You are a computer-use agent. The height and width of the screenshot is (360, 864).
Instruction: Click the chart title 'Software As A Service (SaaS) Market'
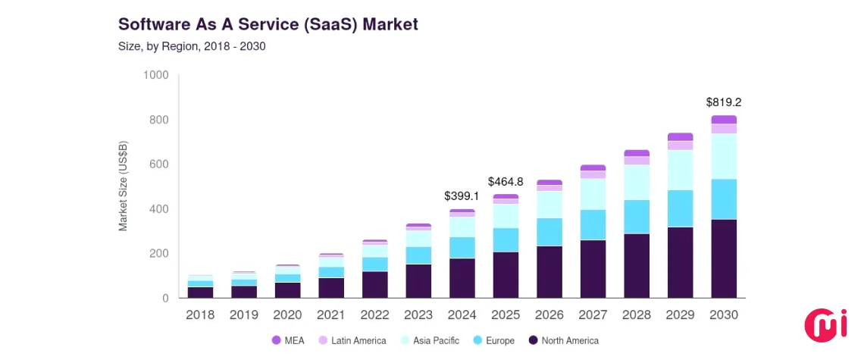pos(268,23)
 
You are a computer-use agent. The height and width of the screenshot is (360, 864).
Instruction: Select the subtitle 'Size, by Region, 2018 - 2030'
pos(191,47)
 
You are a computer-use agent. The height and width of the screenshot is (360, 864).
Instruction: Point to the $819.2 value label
pos(723,102)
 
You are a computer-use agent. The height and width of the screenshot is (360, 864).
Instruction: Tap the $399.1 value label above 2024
pos(462,196)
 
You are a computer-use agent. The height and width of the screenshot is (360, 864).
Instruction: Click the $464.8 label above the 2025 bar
pos(506,181)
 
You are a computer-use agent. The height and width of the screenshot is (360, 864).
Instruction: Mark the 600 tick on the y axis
pos(158,164)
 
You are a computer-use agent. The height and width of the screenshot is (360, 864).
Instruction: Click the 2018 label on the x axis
pos(200,315)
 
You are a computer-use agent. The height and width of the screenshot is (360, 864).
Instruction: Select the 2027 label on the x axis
pos(593,315)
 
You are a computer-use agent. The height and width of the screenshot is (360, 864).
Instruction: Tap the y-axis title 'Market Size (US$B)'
pos(123,186)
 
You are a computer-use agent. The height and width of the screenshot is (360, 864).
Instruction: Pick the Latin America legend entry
pos(352,341)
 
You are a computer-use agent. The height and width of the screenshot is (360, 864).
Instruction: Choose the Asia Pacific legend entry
pos(428,341)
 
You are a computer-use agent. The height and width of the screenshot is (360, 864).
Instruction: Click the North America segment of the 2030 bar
pos(724,258)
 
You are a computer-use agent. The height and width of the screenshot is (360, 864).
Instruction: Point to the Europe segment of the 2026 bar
pos(549,232)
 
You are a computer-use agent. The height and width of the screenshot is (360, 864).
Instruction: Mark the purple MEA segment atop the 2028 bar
pos(637,153)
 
